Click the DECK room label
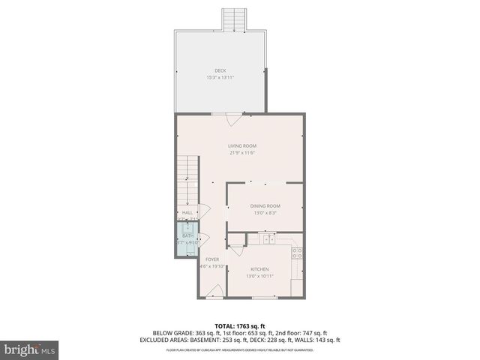click(220, 70)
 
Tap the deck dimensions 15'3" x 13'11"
click(220, 77)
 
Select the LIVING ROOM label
click(242, 145)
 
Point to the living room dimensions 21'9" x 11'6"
click(242, 152)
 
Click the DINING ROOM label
click(265, 206)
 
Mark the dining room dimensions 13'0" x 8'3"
click(265, 213)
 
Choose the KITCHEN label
click(259, 269)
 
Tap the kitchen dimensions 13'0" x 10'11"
click(259, 276)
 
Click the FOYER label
click(212, 259)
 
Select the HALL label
click(187, 212)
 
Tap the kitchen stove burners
click(297, 253)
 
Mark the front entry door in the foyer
click(214, 292)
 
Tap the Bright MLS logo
click(29, 349)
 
